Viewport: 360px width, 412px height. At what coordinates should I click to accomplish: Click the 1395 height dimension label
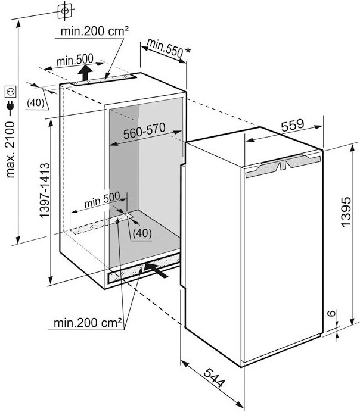coord(346,211)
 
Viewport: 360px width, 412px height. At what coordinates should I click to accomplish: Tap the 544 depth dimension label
coord(215,377)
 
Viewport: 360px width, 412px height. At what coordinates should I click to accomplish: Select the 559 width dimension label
coord(293,126)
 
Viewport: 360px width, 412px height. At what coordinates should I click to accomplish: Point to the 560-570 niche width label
coord(144,130)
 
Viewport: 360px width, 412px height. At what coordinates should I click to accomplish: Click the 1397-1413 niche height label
coord(45,191)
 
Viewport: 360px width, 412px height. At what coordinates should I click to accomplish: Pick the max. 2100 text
coord(10,149)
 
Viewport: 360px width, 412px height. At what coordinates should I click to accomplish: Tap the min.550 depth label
coord(165,48)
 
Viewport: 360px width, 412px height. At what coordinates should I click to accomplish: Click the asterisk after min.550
coord(187,51)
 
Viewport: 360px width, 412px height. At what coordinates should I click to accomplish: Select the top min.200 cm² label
coord(95,32)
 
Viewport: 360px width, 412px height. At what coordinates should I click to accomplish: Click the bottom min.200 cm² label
coord(88,323)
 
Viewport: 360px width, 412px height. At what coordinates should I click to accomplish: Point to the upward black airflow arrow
coord(85,73)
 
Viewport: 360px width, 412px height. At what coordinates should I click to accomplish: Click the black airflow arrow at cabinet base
coord(156,270)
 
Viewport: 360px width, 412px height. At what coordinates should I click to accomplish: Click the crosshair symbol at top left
coord(65,11)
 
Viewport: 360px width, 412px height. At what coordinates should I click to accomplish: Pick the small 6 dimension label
coord(333,313)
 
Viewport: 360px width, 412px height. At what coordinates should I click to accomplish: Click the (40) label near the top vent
coord(36,103)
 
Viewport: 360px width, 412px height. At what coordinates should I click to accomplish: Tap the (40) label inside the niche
coord(142,233)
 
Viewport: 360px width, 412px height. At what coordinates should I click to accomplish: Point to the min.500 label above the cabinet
coord(75,60)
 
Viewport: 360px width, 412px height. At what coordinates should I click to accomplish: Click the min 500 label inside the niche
coord(103,199)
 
